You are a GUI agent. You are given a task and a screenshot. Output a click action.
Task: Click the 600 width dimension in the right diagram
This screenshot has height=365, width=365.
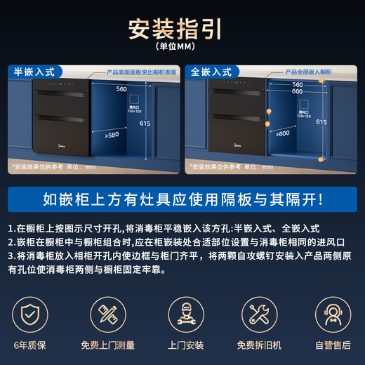298,91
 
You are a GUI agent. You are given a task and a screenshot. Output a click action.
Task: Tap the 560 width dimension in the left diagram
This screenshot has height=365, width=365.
121,89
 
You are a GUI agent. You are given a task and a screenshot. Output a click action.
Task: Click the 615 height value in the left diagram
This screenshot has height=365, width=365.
145,123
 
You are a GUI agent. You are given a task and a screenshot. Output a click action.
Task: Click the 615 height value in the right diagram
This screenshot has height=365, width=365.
321,121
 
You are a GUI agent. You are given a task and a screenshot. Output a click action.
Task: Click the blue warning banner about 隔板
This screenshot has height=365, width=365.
182,198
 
